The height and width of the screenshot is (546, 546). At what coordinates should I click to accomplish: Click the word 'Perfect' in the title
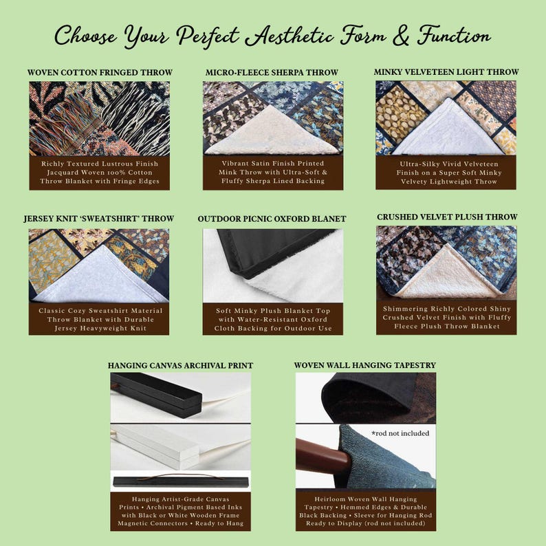(208, 36)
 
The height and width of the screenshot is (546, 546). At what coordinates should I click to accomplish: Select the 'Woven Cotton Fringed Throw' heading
(100, 72)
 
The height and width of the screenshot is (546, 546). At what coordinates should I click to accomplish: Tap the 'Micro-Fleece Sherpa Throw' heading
(272, 72)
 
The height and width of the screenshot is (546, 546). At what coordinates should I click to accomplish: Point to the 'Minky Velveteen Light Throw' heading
(446, 72)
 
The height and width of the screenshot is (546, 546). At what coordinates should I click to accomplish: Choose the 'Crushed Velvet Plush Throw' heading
(447, 217)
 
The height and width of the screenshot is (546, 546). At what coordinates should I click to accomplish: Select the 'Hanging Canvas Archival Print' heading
(180, 366)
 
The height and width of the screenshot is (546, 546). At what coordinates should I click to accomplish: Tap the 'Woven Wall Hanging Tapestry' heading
(365, 365)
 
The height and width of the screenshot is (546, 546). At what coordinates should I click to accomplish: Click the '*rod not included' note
(400, 433)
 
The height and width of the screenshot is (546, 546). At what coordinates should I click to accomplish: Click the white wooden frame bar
(155, 446)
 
